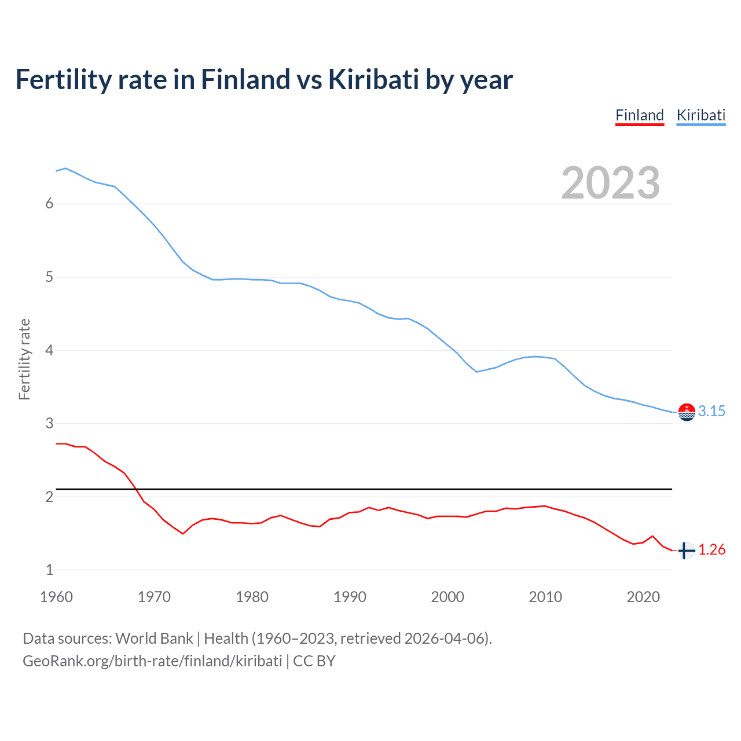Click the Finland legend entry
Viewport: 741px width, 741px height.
639,115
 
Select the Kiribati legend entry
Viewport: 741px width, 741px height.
700,115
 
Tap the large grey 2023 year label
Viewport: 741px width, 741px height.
610,183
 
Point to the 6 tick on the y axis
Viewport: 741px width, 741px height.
49,204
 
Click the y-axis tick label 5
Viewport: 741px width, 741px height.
49,277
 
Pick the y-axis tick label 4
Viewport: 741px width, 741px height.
49,350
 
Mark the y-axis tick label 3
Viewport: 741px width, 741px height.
49,424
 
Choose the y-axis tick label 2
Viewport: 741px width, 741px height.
49,497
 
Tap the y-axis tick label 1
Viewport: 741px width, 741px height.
49,570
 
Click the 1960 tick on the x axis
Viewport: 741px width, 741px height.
56,597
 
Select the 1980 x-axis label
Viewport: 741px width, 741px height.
252,597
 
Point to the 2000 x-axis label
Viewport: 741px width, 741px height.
447,597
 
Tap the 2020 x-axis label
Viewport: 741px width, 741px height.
643,597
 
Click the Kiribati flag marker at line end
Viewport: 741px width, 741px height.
687,412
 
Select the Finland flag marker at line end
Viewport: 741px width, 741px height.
687,551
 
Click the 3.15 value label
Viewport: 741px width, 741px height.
711,411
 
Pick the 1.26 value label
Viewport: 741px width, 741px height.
711,549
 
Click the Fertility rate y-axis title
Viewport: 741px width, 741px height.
24,359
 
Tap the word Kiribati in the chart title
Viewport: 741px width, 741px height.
373,80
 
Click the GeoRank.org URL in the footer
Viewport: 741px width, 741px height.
152,661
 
